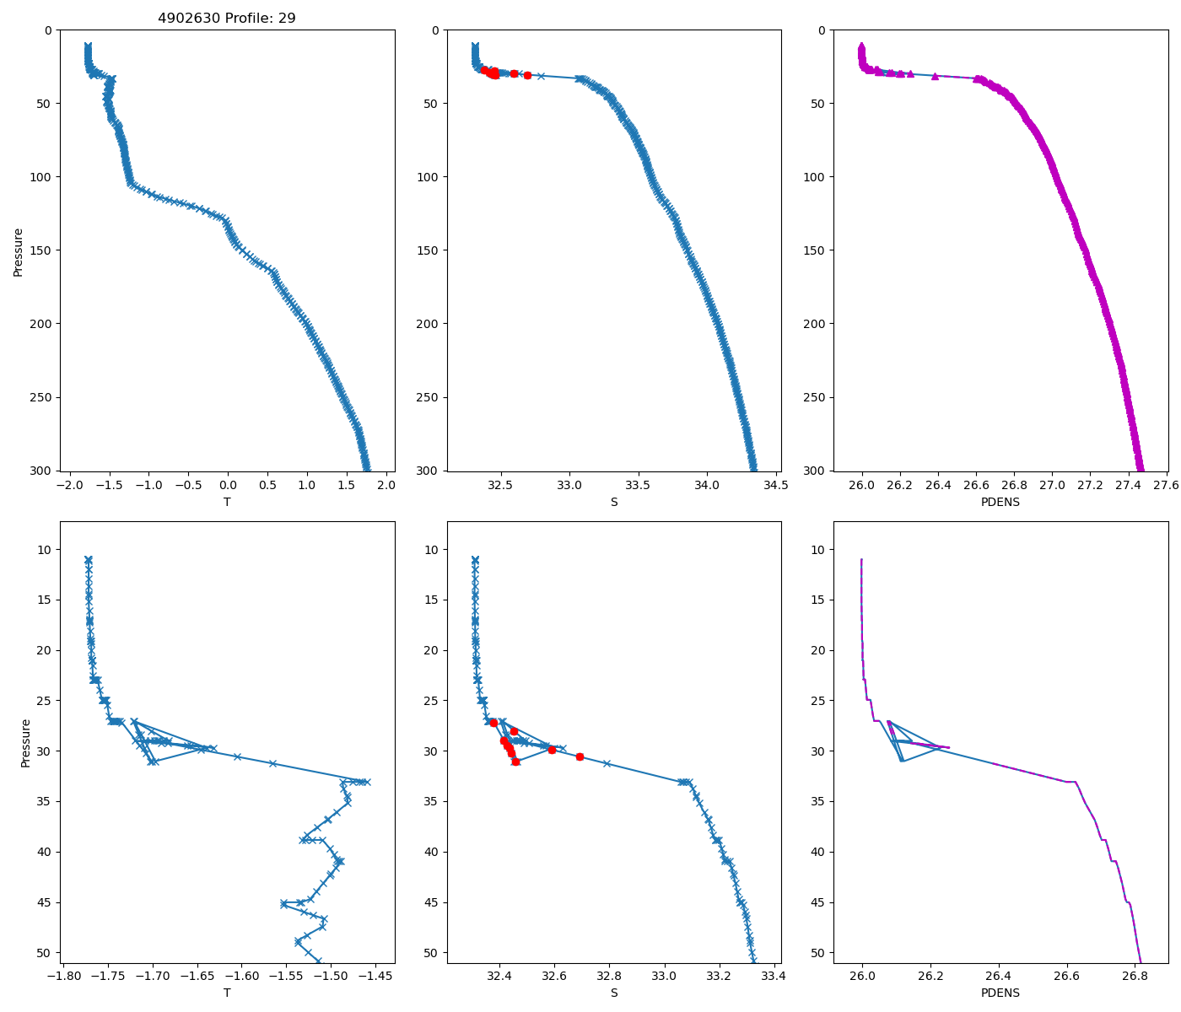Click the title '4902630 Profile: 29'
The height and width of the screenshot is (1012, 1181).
click(x=226, y=18)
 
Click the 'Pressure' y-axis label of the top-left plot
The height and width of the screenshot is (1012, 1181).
click(x=18, y=250)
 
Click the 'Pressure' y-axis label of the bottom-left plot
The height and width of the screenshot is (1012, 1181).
click(x=25, y=742)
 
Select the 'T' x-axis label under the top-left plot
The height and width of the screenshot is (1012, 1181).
click(x=226, y=502)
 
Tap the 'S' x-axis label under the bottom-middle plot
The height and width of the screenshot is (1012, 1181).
click(x=613, y=993)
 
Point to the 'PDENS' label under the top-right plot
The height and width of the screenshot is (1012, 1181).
click(x=1000, y=502)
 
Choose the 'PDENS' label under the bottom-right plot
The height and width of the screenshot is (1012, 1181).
click(x=1000, y=993)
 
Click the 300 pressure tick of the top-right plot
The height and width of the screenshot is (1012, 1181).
click(x=817, y=471)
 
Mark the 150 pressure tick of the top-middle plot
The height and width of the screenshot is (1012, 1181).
click(x=430, y=250)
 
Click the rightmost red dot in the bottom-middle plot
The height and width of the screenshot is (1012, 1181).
click(x=580, y=756)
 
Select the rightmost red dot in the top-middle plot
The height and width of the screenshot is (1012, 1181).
click(x=527, y=75)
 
